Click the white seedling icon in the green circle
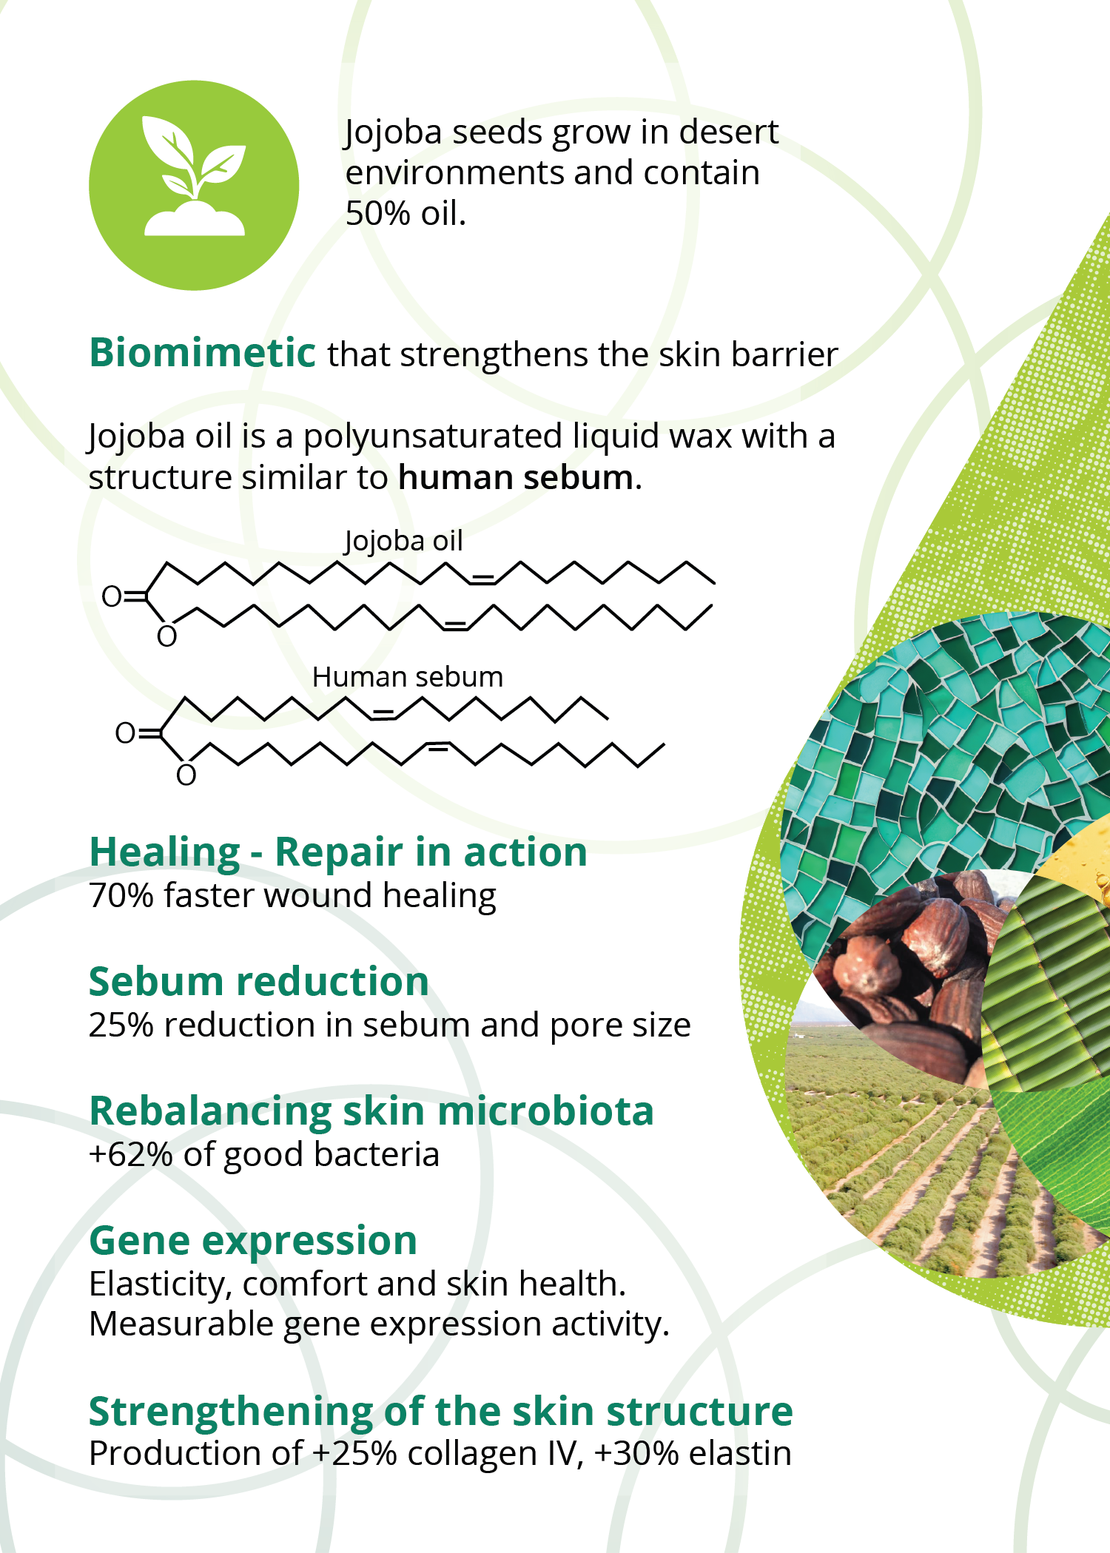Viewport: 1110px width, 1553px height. tap(194, 178)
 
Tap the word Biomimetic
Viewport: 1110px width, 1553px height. tap(202, 353)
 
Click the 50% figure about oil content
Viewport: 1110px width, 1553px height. tap(377, 214)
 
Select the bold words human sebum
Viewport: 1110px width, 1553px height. tap(516, 478)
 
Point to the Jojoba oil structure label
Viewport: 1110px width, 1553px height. tap(403, 541)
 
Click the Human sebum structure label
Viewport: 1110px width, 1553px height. tap(407, 677)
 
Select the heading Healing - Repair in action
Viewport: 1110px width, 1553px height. tap(337, 852)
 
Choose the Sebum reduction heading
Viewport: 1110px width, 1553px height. tap(258, 982)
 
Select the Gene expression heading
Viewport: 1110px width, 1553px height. tap(252, 1241)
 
